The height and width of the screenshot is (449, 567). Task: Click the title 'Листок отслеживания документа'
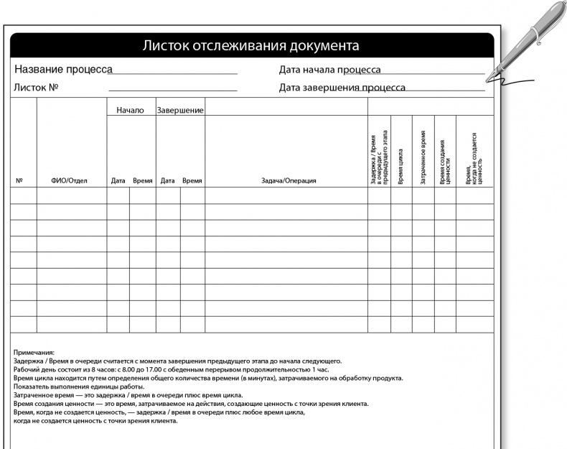tap(250, 46)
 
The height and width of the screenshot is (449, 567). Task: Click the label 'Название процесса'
tap(63, 70)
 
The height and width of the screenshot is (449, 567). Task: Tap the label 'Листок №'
tap(35, 88)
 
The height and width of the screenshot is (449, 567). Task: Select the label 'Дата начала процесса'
tap(329, 70)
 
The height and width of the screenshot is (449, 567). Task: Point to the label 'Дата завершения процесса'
tap(342, 88)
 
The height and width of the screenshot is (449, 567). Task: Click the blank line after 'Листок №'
tap(173, 89)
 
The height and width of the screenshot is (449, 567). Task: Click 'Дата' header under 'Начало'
tap(118, 181)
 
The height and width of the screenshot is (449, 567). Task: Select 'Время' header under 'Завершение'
tap(192, 181)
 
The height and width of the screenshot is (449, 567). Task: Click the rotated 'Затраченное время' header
tap(423, 158)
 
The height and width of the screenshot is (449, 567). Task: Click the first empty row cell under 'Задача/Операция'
tap(286, 195)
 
